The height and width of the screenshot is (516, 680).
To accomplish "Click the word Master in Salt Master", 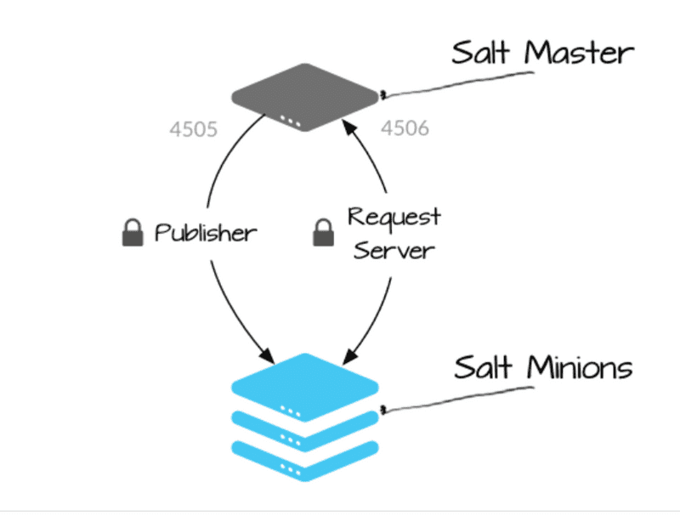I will pos(581,53).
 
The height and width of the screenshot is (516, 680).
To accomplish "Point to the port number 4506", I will pos(404,129).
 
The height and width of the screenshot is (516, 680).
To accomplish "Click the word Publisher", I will pos(206,233).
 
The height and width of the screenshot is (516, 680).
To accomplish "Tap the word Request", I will pos(394,217).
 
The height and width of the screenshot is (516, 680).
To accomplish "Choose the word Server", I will pos(394,250).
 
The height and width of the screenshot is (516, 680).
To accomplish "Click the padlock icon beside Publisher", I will pos(133,233).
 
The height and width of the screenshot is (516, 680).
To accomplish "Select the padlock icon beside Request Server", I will pos(323,233).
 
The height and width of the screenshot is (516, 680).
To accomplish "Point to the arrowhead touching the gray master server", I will pos(348,127).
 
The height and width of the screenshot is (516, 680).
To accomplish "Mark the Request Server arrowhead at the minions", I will pos(348,351).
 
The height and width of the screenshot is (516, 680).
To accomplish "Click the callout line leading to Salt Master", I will pos(459,82).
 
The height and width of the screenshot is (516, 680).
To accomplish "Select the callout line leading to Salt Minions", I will pos(459,398).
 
